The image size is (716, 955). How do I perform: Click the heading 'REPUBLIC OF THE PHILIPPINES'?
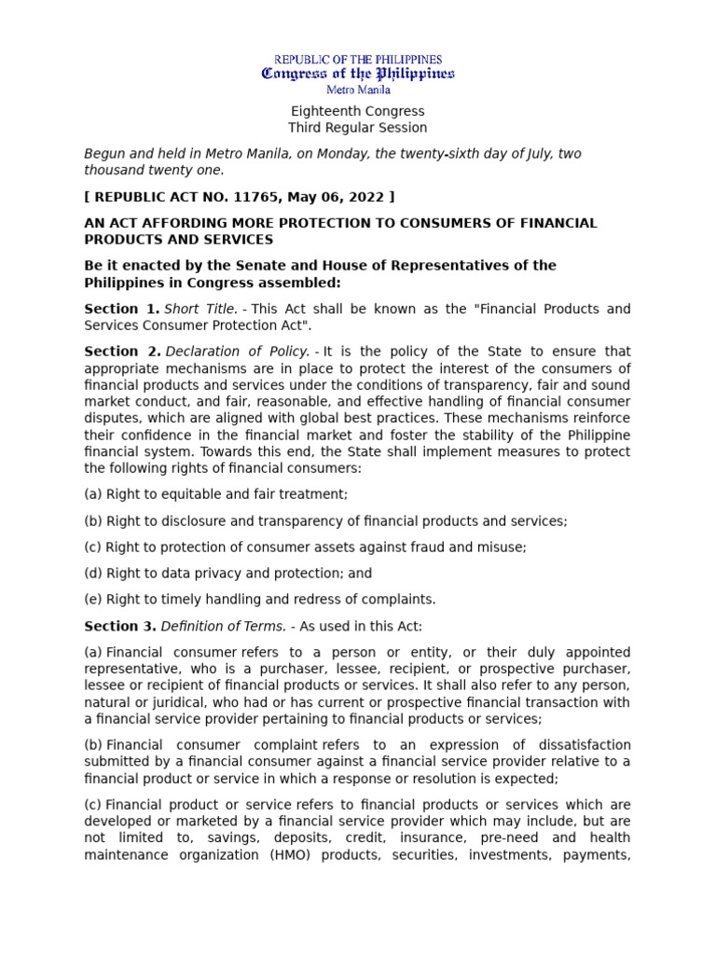click(x=358, y=60)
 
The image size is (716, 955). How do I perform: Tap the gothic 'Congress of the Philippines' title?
click(x=358, y=74)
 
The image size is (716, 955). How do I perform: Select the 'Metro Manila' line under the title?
click(x=358, y=90)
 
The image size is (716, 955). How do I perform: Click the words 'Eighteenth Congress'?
click(x=358, y=111)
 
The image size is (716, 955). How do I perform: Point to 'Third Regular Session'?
click(x=358, y=128)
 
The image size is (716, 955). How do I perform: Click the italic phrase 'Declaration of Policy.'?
click(x=238, y=352)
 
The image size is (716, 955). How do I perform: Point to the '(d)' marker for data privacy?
click(x=93, y=574)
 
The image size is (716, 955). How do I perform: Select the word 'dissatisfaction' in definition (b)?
click(x=583, y=745)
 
